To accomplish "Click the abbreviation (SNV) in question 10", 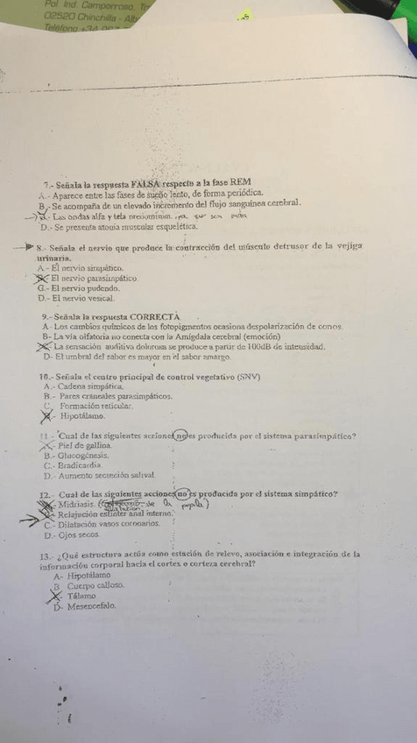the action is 250,376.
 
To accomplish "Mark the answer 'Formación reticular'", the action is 96,407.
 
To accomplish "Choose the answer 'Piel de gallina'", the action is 85,445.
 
